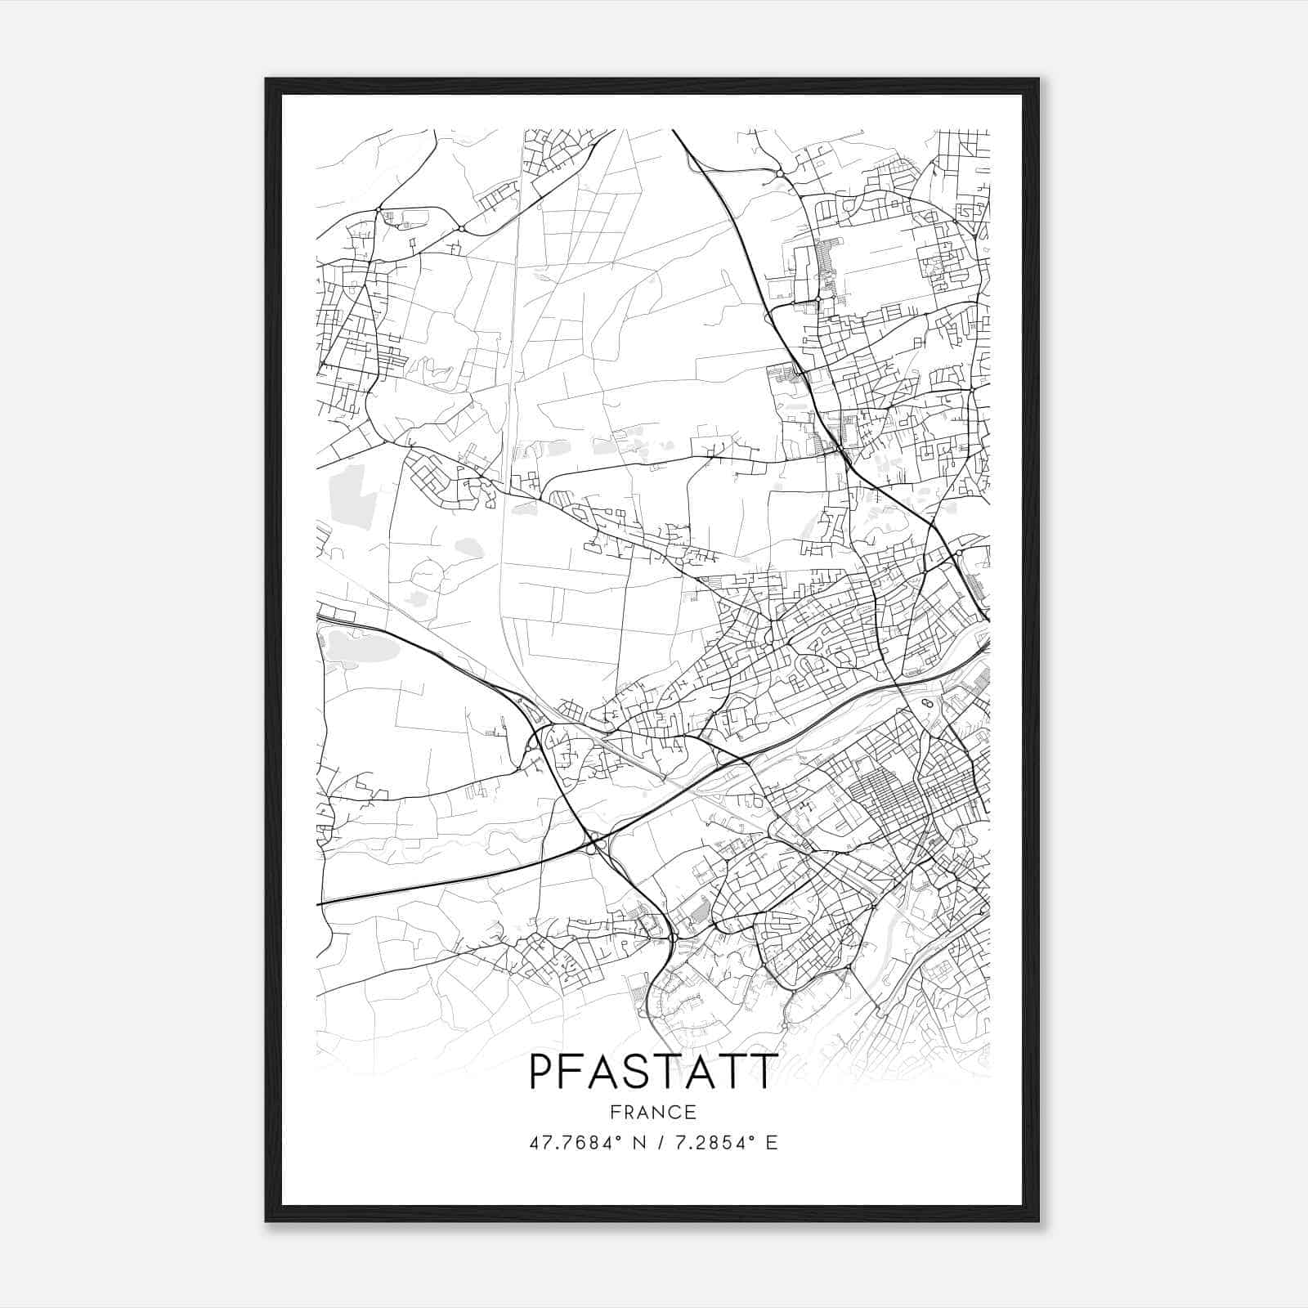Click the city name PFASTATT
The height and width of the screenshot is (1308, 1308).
tap(652, 1071)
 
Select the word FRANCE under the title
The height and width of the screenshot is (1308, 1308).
tap(652, 1113)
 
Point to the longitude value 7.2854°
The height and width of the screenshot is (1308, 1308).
tap(719, 1142)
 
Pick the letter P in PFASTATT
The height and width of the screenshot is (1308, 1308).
tap(541, 1071)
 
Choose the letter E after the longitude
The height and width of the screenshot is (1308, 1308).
tap(772, 1142)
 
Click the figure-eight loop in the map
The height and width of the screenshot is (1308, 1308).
tap(926, 703)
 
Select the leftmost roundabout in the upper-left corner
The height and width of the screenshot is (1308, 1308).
tap(378, 211)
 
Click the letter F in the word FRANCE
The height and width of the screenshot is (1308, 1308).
tap(616, 1113)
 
